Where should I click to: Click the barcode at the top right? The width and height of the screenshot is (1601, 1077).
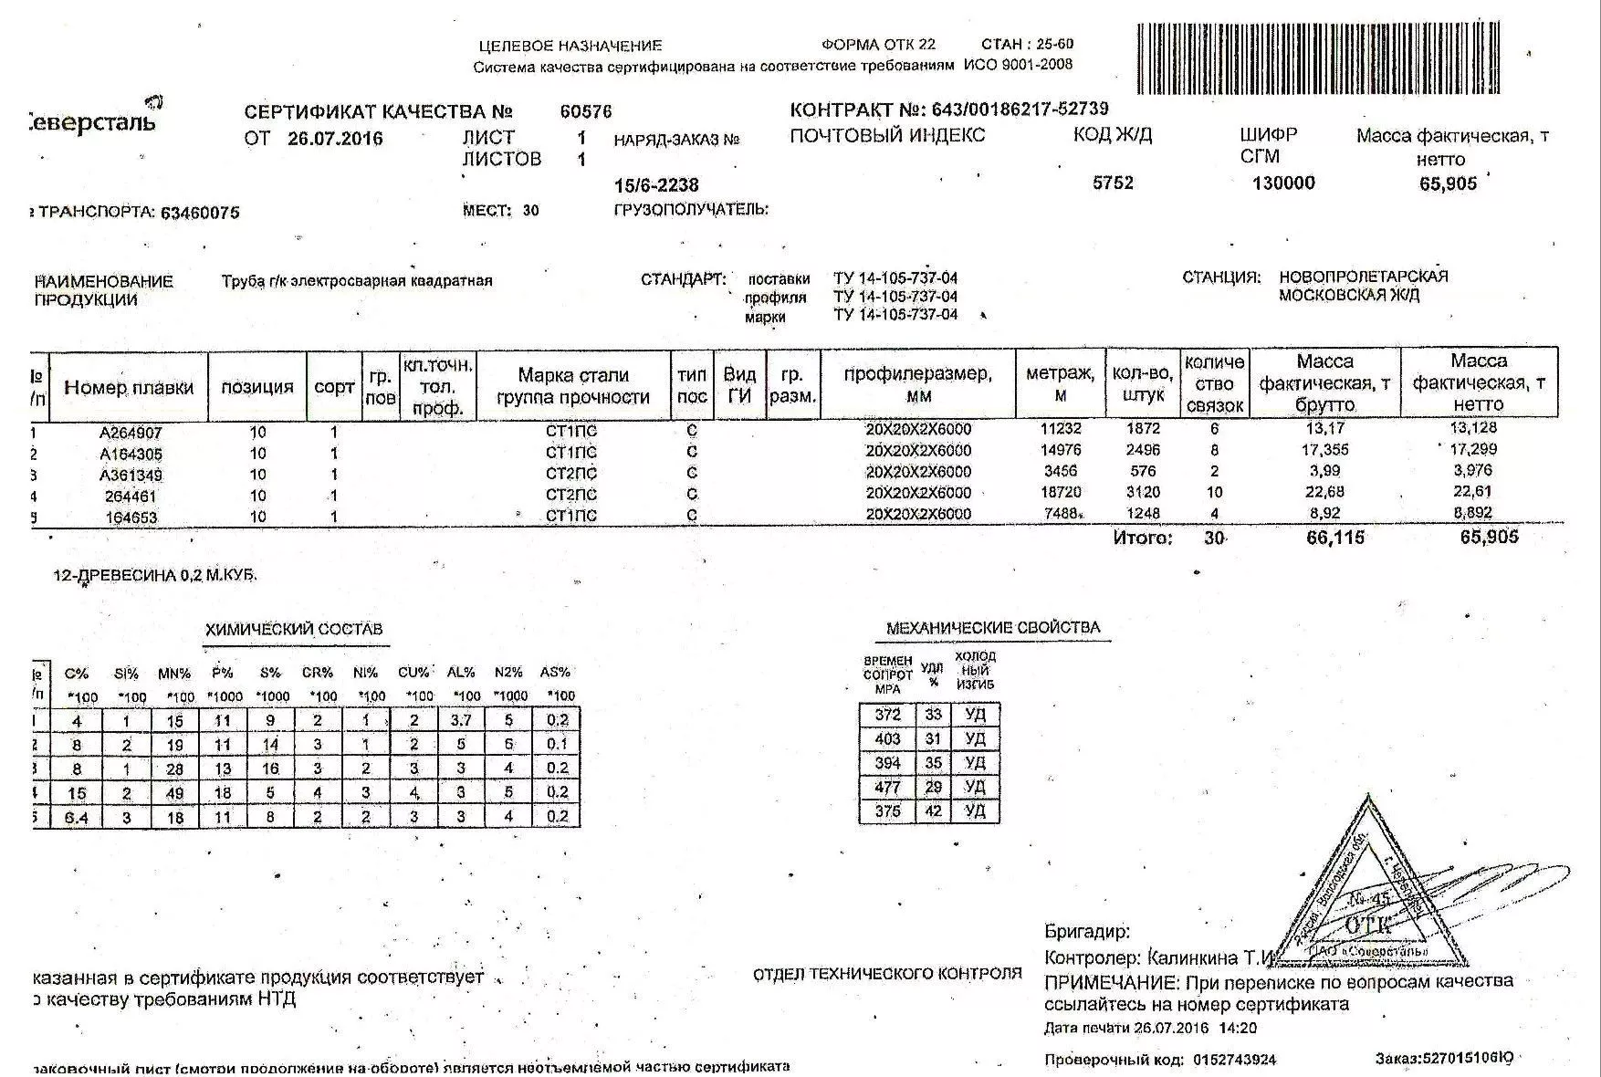click(x=1318, y=58)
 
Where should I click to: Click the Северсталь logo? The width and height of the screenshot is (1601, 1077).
click(x=91, y=118)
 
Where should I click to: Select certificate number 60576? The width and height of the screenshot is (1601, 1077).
click(x=585, y=112)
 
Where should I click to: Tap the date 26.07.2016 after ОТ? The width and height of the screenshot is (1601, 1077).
click(x=335, y=139)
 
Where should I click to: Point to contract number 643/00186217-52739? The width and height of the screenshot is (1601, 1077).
click(x=1020, y=110)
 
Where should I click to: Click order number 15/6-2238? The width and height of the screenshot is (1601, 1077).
click(x=655, y=185)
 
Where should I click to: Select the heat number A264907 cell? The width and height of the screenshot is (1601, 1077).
click(x=130, y=433)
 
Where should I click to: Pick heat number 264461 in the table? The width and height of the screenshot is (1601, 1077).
click(x=130, y=497)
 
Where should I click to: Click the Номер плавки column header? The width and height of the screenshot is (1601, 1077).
click(x=129, y=387)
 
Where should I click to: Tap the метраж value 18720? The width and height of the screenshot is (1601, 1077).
click(x=1060, y=493)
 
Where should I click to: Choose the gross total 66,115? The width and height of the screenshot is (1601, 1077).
click(x=1334, y=538)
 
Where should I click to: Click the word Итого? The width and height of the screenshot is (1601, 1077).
click(x=1142, y=538)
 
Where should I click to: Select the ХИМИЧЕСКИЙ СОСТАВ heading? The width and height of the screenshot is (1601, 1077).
click(x=294, y=629)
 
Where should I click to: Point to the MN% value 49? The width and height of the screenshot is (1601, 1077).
click(x=174, y=793)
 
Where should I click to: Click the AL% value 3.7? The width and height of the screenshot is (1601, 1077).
click(x=461, y=721)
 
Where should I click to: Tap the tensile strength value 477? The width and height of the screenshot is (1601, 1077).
click(x=887, y=787)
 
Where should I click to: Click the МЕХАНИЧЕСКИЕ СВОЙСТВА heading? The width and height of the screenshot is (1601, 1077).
click(x=993, y=628)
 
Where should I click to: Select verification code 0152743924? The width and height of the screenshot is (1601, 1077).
click(x=1234, y=1060)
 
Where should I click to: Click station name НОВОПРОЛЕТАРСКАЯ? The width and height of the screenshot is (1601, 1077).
click(x=1363, y=277)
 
